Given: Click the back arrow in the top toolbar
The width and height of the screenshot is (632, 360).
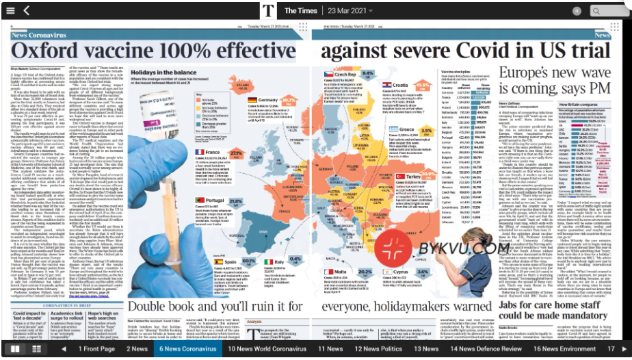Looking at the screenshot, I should click(x=26, y=10).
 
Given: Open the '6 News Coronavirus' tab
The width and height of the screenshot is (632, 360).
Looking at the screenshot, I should click(x=187, y=348).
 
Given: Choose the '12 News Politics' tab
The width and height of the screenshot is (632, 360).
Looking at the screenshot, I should click(x=378, y=348).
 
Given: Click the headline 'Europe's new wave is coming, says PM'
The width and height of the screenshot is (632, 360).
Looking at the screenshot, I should click(x=554, y=80).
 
